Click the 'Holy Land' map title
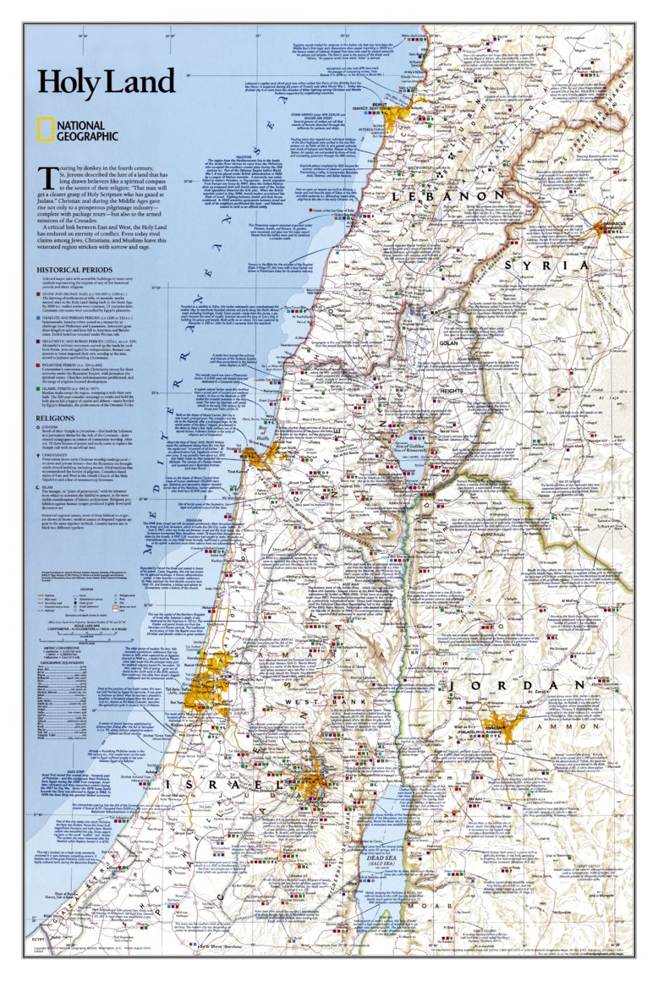click(x=105, y=82)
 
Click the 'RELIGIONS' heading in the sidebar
click(x=54, y=418)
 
